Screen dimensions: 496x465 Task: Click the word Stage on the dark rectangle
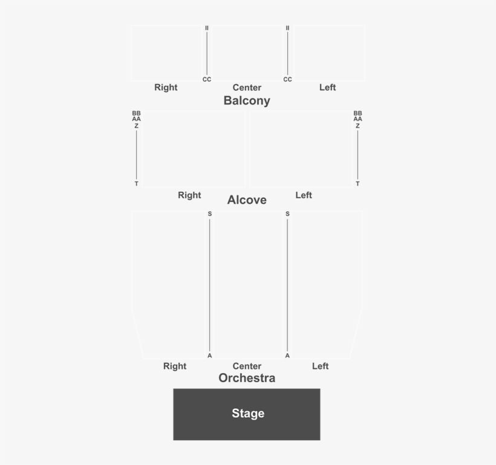[x=248, y=413]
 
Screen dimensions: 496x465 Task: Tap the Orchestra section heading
[x=247, y=378]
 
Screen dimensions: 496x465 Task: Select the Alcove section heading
[x=247, y=200]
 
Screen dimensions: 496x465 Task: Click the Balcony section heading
[x=247, y=101]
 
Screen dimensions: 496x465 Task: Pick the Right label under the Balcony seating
[x=166, y=87]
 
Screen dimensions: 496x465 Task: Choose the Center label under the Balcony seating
[x=247, y=88]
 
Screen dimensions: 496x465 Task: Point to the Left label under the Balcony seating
[x=327, y=87]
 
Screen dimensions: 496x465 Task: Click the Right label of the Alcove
[x=189, y=195]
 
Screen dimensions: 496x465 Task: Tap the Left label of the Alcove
[x=304, y=195]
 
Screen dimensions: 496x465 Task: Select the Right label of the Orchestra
[x=175, y=366]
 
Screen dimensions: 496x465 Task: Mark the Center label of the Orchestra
[x=247, y=366]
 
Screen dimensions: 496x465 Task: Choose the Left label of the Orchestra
[x=320, y=366]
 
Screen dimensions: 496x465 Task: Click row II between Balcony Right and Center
[x=207, y=28]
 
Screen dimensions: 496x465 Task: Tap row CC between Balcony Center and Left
[x=287, y=79]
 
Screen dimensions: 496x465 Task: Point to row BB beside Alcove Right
[x=136, y=113]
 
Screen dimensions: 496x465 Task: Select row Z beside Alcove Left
[x=357, y=126]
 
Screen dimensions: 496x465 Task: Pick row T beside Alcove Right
[x=136, y=184]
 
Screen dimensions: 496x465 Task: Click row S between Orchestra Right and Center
[x=210, y=214]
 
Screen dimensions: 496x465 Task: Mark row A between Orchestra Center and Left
[x=287, y=356]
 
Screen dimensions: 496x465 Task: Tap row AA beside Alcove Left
[x=357, y=119]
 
